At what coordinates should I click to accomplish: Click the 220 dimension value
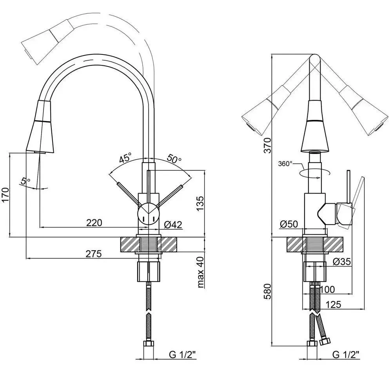(x=94, y=223)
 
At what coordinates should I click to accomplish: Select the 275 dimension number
(x=94, y=254)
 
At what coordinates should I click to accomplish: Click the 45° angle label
(x=125, y=159)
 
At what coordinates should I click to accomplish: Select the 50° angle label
(x=174, y=159)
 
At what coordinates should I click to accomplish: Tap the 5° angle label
(x=26, y=181)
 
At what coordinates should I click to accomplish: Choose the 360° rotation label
(x=286, y=163)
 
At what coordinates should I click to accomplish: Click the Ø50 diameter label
(x=289, y=224)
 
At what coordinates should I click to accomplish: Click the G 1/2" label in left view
(x=183, y=355)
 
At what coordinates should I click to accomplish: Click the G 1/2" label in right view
(x=346, y=355)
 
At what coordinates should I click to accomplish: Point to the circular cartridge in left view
(x=148, y=214)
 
